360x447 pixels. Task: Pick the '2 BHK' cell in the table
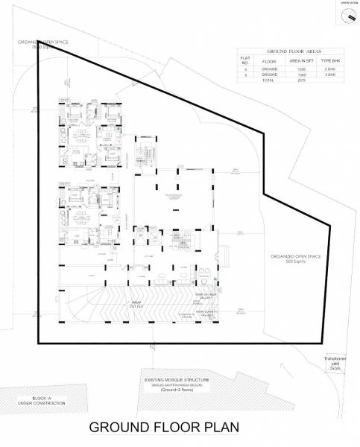pos(329,69)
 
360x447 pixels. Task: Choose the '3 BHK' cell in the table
pos(329,74)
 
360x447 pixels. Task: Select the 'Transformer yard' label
pos(335,363)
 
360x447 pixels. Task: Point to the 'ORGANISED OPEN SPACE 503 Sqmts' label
pos(295,259)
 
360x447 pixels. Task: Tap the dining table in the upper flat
pos(78,136)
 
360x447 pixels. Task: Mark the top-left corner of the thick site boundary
pos(38,44)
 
